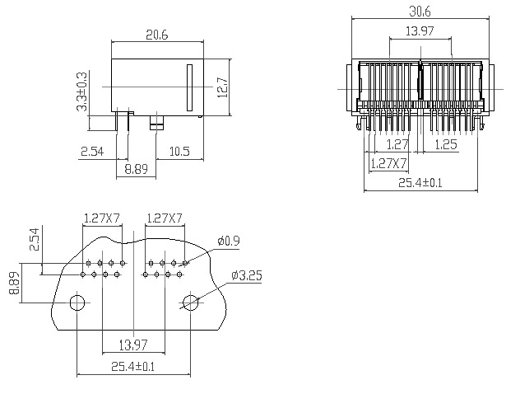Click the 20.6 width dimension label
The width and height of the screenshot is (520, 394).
[157, 35]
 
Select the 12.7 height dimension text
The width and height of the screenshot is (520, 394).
[223, 87]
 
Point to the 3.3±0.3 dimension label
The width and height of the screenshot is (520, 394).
[82, 91]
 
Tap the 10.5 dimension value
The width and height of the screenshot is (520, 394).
[179, 152]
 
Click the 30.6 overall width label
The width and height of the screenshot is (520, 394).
[420, 12]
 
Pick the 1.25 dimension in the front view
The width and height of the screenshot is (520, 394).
[446, 144]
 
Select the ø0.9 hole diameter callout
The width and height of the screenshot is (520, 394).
[229, 241]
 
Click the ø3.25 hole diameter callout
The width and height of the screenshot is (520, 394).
[247, 275]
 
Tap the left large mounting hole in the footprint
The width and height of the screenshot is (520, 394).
[77, 303]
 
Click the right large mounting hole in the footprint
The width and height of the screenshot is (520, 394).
[191, 303]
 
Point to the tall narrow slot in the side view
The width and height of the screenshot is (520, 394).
[190, 87]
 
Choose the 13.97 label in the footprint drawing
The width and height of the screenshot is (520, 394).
[133, 345]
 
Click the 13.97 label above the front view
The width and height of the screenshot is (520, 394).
[420, 31]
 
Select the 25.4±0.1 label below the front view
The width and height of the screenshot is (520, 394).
[420, 183]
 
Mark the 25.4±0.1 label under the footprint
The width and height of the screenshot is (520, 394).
[133, 367]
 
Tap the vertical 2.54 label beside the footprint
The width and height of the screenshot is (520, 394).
[35, 239]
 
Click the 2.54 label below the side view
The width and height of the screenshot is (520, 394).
[92, 152]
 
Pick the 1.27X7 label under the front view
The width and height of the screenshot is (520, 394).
[388, 163]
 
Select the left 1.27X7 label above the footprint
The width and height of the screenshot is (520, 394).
[101, 218]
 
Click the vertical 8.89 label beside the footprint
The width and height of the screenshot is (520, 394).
[14, 283]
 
